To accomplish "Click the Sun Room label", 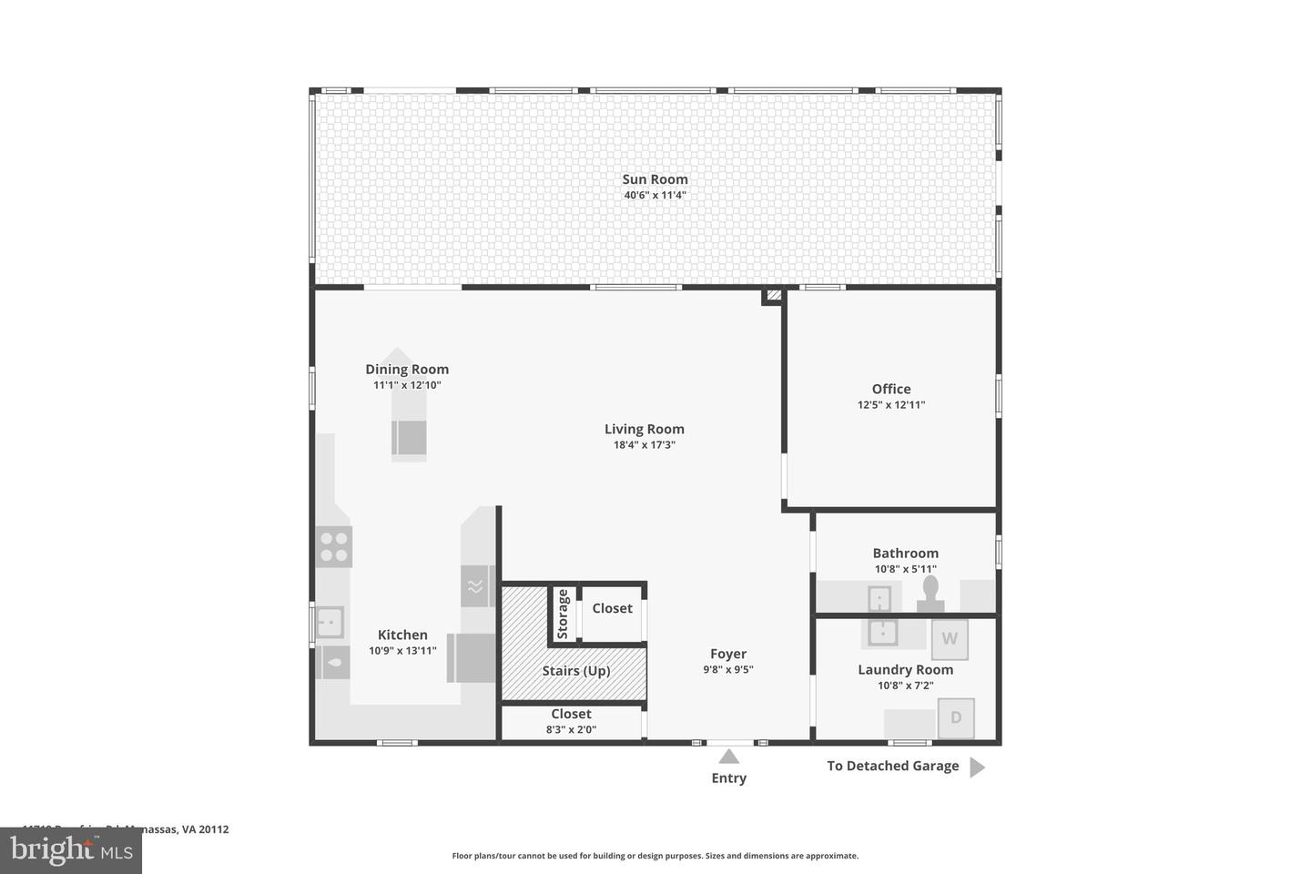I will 655,179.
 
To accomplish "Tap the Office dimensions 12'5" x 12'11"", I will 890,405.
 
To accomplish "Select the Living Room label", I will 644,429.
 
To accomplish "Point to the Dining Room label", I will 407,369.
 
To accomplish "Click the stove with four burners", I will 334,546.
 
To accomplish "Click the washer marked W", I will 950,639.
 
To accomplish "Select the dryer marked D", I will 956,717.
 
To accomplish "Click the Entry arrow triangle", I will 728,756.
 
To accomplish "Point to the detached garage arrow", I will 977,767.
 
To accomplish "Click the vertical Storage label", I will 564,613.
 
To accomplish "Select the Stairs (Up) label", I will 576,671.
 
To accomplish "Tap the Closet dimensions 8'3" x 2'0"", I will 571,729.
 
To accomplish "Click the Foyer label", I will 728,654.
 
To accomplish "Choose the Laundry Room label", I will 905,670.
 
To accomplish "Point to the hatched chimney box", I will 773,295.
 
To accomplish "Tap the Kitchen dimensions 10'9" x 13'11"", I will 402,651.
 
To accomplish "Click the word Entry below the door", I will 728,778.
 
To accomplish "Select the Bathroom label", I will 905,553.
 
